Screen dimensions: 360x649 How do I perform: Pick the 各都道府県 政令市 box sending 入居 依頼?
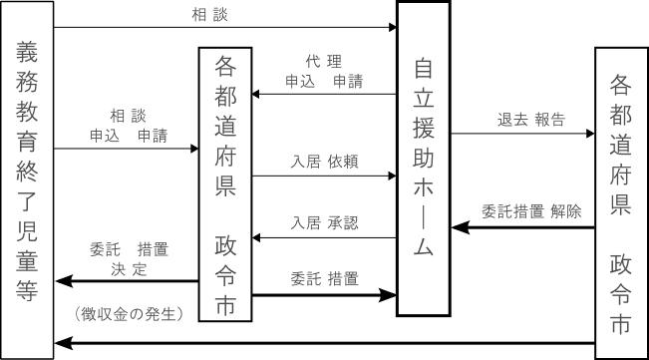[x=225, y=184]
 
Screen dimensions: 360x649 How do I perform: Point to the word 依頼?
[x=342, y=160]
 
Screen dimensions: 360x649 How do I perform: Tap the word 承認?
[x=342, y=221]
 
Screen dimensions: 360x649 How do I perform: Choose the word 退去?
[x=513, y=119]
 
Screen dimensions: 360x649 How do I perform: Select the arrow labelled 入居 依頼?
[x=323, y=177]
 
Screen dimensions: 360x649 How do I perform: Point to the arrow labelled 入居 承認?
[x=323, y=238]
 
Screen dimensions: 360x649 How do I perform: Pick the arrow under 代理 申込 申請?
[x=323, y=96]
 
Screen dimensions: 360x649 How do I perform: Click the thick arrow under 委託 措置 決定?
[x=127, y=282]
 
